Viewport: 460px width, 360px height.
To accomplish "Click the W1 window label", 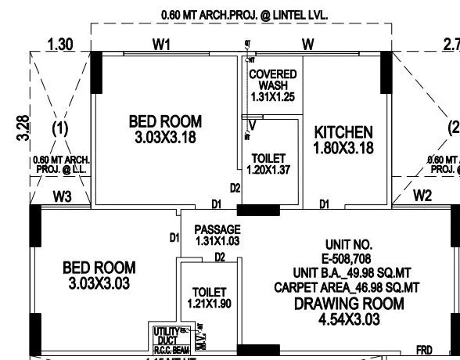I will coord(161,45).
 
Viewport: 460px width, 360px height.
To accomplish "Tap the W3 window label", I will coord(63,196).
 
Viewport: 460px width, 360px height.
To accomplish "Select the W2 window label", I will coord(422,196).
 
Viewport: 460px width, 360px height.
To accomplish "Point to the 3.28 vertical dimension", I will coord(23,128).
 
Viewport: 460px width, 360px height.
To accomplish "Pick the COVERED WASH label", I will coord(271,79).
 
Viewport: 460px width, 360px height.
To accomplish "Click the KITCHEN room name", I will coord(343,131).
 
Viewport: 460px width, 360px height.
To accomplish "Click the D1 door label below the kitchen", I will coord(324,204).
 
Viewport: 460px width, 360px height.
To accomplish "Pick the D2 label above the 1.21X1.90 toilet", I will coord(220,257).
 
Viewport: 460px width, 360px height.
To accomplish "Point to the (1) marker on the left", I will coord(59,128).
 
